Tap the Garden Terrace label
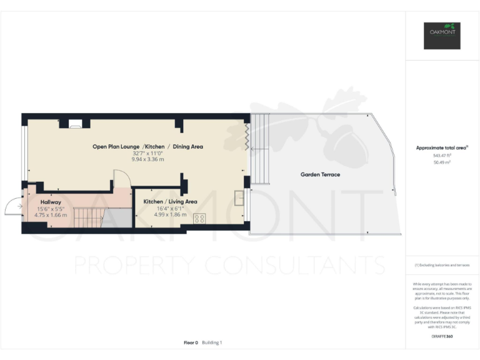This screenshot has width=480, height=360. pos(320,174)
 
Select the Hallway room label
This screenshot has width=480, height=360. pos(51,202)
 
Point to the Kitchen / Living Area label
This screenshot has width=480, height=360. pos(170,201)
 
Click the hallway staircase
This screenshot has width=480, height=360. pos(87,217)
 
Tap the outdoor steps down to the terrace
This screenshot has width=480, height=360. pos(261,150)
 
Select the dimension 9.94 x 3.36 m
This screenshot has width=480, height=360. pos(147,159)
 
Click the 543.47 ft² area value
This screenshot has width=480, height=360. pos(442,155)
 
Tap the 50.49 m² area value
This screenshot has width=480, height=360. pos(442,161)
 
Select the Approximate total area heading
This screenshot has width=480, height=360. pos(442,147)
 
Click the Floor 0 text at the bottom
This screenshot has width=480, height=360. pos(191,342)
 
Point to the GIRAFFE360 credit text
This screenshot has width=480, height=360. pos(442,336)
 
